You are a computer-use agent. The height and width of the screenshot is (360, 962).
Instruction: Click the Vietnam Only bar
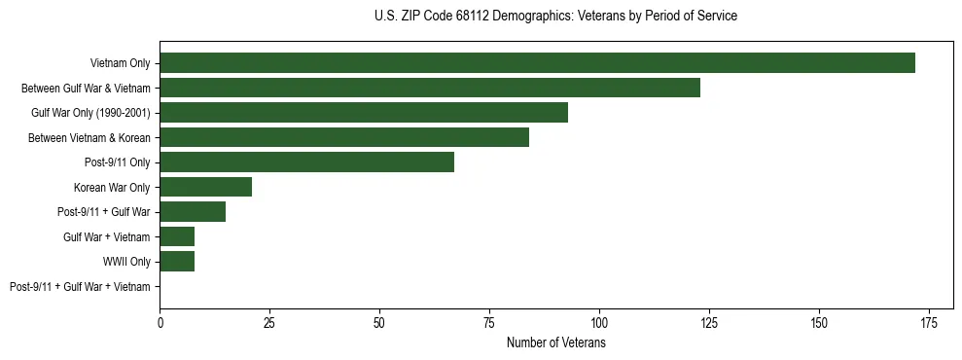[537, 63]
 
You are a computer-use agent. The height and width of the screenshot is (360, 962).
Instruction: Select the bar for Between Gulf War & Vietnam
[430, 88]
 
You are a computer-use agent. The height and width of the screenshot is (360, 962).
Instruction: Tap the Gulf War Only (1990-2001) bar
[364, 113]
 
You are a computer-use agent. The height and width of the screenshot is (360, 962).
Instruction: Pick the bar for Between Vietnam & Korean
[344, 137]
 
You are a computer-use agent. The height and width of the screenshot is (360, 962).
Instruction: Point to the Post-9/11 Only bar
[306, 162]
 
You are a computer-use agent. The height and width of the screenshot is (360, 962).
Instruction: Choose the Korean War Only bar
[205, 187]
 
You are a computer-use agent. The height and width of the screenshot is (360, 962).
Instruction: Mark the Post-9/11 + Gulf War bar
[193, 212]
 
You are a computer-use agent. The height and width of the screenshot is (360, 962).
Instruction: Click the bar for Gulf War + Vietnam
[177, 236]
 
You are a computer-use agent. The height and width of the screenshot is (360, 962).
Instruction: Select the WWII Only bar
[177, 262]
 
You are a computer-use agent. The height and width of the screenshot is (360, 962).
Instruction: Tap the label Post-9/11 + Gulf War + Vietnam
[80, 287]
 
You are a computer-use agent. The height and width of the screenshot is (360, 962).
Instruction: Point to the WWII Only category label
[126, 262]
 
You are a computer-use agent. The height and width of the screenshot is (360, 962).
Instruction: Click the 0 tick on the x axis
[160, 322]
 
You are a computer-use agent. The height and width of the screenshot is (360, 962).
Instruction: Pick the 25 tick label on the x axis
[269, 322]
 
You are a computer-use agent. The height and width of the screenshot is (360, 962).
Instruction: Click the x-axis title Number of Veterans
[555, 342]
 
